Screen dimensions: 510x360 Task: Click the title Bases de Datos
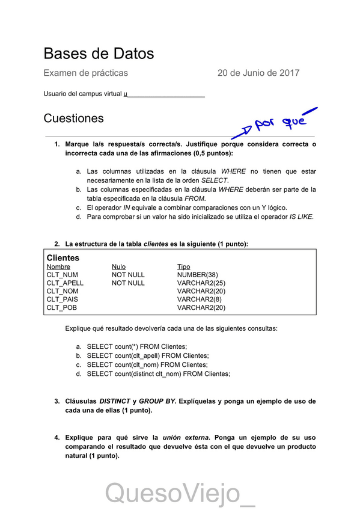click(99, 54)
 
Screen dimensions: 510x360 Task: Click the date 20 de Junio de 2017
click(258, 73)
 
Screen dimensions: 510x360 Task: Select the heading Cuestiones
click(73, 118)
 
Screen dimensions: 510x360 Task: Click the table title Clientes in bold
click(63, 258)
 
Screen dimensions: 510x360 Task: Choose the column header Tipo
click(183, 266)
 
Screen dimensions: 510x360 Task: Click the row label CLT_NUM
click(62, 275)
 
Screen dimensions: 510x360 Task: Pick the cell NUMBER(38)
click(198, 275)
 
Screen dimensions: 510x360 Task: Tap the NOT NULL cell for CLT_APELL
click(128, 283)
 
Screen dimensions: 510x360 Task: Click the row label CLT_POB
click(61, 307)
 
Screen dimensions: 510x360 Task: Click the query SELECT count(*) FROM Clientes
click(137, 346)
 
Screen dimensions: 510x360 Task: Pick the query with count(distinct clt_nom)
click(158, 373)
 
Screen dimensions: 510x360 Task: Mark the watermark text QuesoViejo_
click(180, 494)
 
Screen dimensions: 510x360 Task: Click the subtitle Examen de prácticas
click(85, 73)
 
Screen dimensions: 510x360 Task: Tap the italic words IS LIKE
click(301, 217)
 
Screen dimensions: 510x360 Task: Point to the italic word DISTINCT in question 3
click(114, 401)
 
